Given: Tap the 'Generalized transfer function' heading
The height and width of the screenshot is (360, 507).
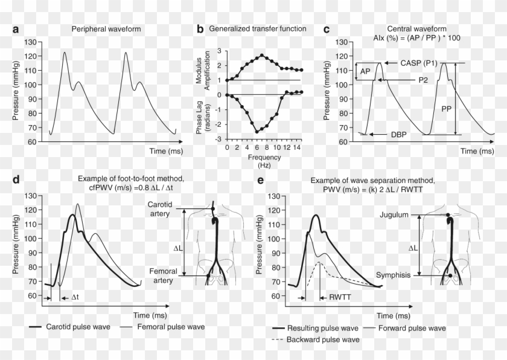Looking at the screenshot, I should click(258, 28).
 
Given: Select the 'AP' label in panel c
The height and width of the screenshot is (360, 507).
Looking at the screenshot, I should click(365, 71).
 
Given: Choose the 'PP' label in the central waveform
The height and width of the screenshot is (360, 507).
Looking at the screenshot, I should click(446, 109).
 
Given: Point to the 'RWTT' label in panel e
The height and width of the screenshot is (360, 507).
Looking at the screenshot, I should click(339, 298).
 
